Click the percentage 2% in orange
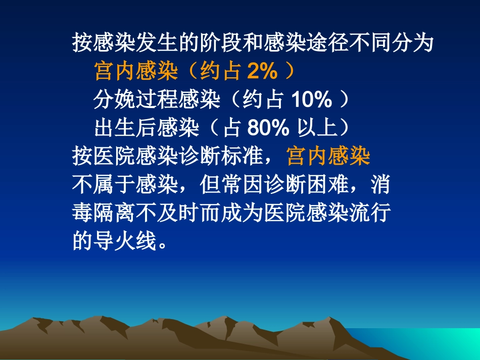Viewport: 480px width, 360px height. (262, 72)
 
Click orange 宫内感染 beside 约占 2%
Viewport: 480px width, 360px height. (136, 72)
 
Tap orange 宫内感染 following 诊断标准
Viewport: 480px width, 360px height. (328, 157)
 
